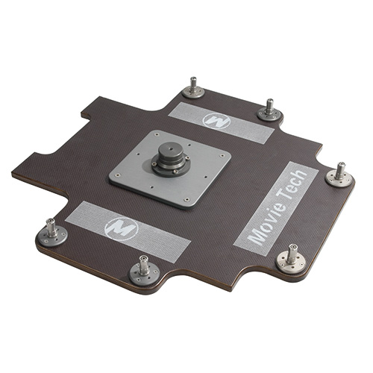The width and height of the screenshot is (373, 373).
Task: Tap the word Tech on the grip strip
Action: click(x=294, y=189)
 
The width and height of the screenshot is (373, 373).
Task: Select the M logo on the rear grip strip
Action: click(x=216, y=119)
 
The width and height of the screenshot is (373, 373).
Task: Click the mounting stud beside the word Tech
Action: click(x=339, y=173)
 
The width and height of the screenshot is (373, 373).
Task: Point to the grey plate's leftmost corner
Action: click(x=110, y=177)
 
